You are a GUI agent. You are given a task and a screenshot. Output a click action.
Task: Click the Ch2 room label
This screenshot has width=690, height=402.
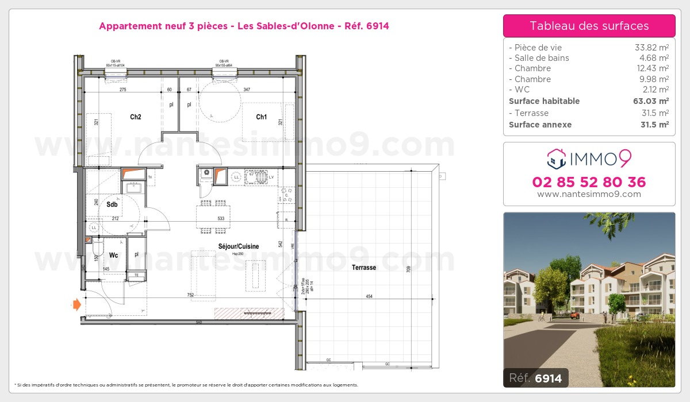coord(136,117)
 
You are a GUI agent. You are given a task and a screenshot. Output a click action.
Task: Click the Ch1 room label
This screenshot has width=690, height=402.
coord(262,117)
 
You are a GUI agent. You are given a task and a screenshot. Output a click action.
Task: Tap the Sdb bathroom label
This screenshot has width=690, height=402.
coord(112,204)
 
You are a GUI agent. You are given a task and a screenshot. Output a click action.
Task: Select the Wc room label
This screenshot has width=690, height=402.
coord(114,254)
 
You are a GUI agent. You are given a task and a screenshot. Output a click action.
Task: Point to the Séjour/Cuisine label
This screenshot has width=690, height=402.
coord(238,246)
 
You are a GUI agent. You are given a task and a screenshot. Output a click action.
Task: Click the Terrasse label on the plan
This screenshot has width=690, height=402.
coord(364,267)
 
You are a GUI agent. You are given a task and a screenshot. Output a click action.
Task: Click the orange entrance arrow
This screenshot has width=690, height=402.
coord(76,304)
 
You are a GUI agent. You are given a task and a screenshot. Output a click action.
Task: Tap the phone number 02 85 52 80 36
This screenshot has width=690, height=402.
coord(589,183)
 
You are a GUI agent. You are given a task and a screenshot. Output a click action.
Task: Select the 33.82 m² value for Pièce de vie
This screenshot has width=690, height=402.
coord(651,48)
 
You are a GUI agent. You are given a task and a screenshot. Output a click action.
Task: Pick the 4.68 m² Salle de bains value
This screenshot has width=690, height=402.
coord(654,58)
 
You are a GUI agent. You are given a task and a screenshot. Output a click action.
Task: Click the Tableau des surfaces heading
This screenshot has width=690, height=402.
coord(589,26)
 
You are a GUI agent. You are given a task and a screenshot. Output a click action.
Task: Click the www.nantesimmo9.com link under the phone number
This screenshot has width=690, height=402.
coord(589,194)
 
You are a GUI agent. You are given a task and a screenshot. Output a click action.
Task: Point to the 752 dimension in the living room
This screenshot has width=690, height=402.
coord(190,295)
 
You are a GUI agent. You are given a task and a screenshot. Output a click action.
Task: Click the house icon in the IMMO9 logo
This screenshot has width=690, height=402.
coord(556,158)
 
